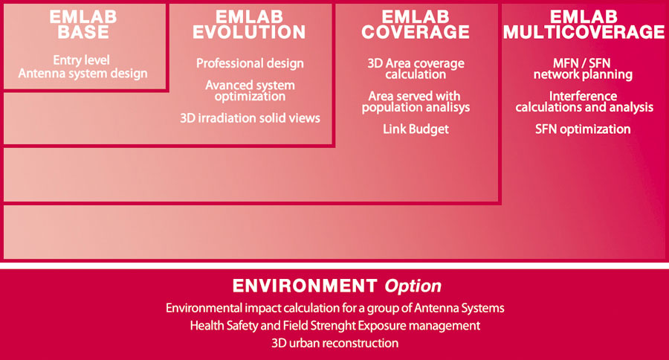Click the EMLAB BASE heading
83,25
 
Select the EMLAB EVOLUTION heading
249,25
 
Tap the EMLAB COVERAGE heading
416,25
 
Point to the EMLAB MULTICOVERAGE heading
584,25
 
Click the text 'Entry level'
82,60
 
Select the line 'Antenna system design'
83,74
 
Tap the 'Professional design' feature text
250,63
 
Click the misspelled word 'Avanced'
226,85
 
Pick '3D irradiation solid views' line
250,118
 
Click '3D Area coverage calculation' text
416,68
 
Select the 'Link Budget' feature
416,129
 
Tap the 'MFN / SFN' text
582,63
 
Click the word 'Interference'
583,96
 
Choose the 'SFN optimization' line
583,129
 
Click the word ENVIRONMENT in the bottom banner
305,286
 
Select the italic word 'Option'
413,286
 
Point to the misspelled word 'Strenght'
333,326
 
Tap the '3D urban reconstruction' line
335,343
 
